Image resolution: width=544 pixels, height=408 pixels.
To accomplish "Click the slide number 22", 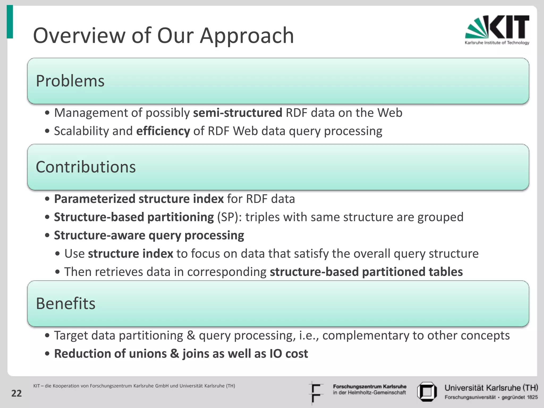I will (x=16, y=393).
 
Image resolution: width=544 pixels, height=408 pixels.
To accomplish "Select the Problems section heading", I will (x=70, y=81).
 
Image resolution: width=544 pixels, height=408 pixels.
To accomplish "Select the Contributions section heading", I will (x=86, y=167).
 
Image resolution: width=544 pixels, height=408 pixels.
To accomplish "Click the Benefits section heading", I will (x=66, y=303).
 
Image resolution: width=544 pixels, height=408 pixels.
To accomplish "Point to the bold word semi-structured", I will (x=237, y=113).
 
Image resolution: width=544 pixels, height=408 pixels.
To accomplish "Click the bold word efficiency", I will (x=163, y=131).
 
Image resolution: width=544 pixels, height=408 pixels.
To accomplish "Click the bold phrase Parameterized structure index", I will (x=139, y=199).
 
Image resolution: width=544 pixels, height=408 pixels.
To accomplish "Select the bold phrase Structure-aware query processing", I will (x=149, y=236).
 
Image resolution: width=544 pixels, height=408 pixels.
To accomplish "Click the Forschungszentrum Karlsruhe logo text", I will (x=369, y=389).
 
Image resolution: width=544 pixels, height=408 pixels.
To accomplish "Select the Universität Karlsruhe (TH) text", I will (x=491, y=388).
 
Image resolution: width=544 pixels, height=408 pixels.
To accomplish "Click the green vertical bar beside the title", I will (x=10, y=22).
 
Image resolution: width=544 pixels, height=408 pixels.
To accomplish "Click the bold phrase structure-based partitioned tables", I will (x=366, y=272).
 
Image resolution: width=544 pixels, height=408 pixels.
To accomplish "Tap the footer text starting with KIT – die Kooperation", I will (x=134, y=386).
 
